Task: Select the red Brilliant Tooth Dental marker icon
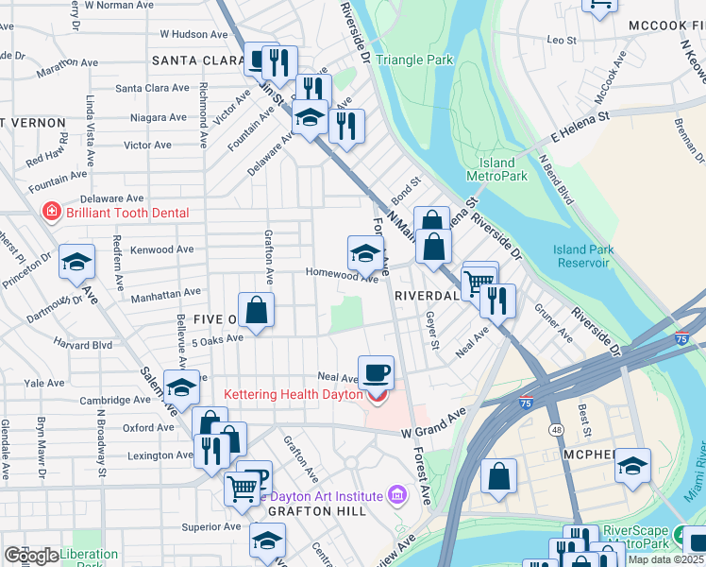coord(51,213)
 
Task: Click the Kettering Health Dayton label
coord(293,394)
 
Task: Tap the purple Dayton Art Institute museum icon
coord(396,495)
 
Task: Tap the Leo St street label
coord(562,40)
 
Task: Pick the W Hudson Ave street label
coord(193,33)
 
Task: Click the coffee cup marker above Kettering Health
coord(376,371)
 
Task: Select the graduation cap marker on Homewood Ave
coord(366,252)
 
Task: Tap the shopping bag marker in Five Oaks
coord(256,309)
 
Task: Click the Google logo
coord(31,556)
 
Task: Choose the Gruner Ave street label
coord(552,321)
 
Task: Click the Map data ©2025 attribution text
coord(665,559)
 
